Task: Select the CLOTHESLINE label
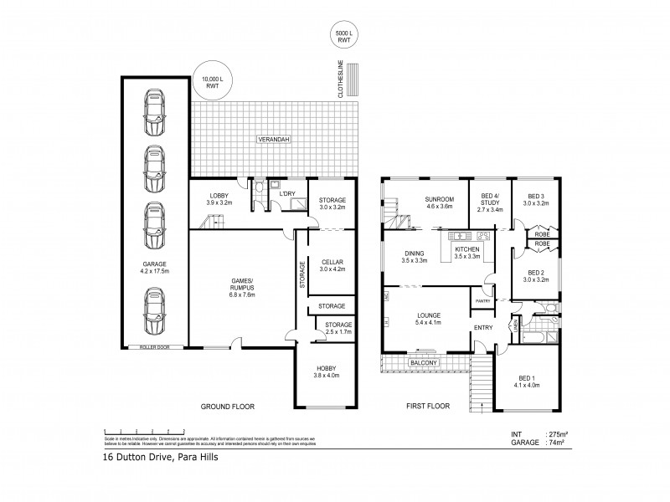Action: pos(341,83)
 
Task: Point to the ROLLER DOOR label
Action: pos(155,346)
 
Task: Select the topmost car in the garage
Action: pos(155,110)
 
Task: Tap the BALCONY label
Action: pos(420,364)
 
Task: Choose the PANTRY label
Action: pos(482,301)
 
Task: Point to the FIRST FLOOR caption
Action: pos(428,407)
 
